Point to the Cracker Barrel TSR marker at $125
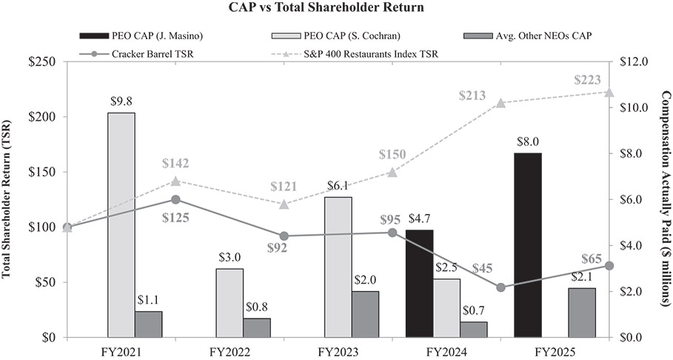pyautogui.click(x=175, y=199)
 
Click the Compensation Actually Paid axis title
pyautogui.click(x=664, y=199)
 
